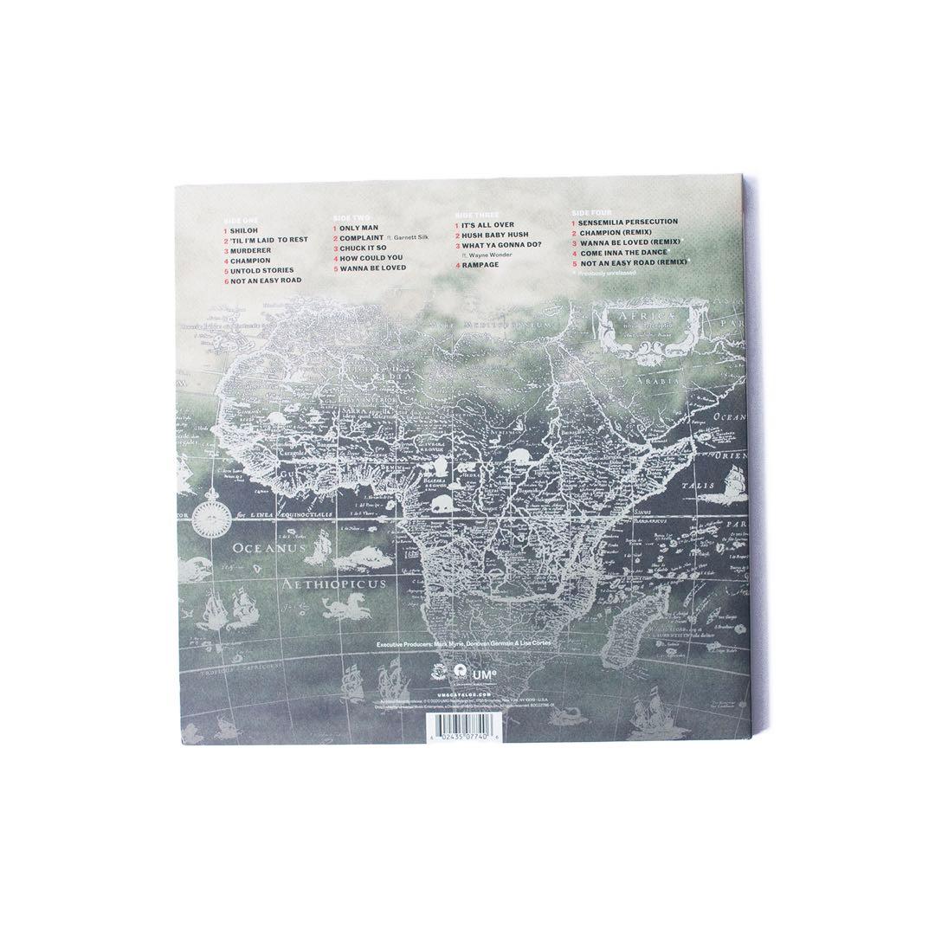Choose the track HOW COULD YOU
click(371, 257)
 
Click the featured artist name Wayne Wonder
click(496, 256)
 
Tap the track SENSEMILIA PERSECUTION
click(629, 222)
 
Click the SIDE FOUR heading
click(591, 212)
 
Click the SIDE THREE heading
click(476, 214)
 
